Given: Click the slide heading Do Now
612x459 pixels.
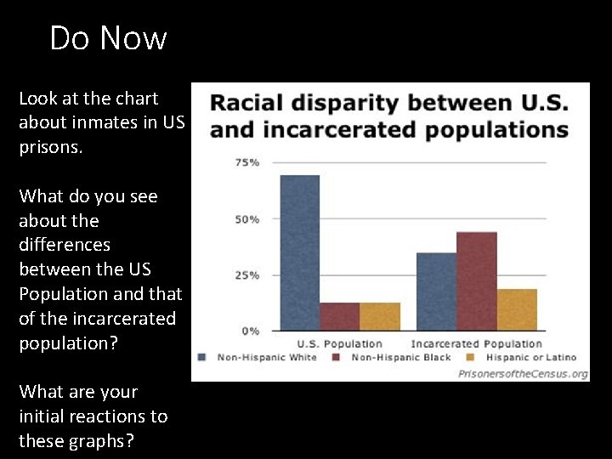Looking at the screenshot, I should pos(108,38).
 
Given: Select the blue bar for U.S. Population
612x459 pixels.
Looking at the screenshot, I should pos(300,252).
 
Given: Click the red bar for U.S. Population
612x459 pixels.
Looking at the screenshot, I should pos(339,316).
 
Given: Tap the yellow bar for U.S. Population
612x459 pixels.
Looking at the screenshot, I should pos(379,316).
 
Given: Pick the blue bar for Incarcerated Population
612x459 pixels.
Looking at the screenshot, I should pos(436,292).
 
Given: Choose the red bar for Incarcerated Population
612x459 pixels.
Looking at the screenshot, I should pos(476,281).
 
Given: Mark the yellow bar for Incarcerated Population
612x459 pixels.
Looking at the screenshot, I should pos(517,309).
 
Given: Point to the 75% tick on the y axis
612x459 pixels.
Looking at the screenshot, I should pos(247,162).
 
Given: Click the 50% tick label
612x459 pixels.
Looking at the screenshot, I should pos(247,219).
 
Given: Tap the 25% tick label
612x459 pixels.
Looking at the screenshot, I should pos(247,275).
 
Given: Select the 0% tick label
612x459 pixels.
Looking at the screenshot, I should pos(251,331).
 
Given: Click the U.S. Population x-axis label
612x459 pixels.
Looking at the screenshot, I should pos(339,343).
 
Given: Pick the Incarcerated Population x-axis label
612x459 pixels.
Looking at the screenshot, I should pos(476,343).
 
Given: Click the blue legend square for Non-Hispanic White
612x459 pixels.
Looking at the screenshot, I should pos(202,357).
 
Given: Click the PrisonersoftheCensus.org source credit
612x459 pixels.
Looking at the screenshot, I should pos(523,373).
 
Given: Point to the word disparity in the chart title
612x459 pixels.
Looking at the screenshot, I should pos(344,105).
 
